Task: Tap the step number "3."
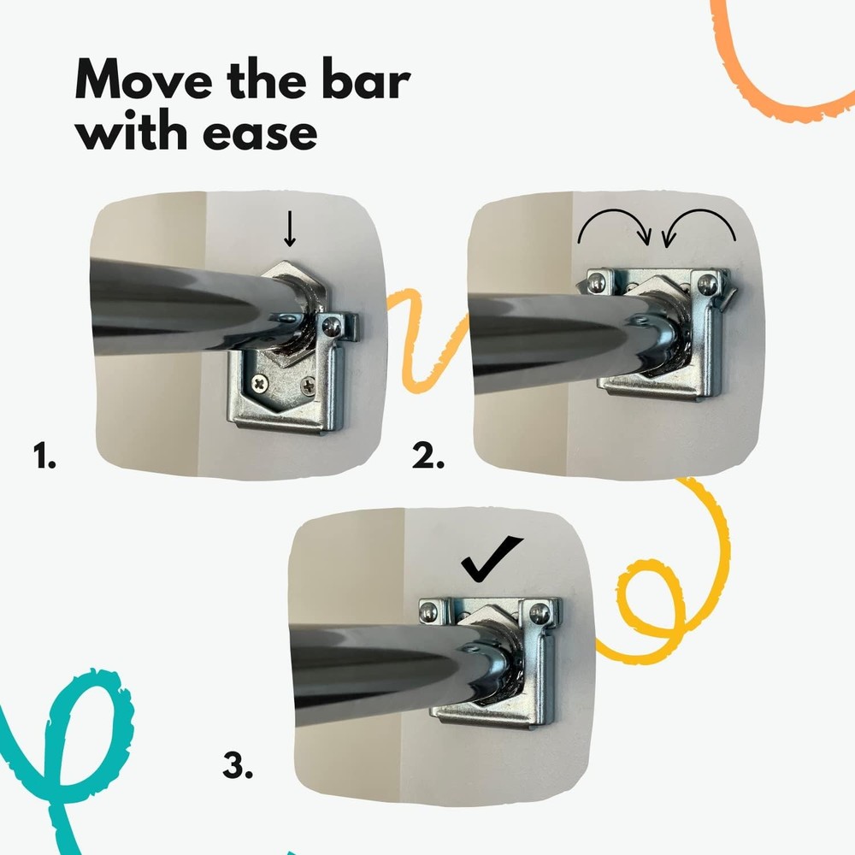[x=239, y=764]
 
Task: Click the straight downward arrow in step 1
[x=292, y=230]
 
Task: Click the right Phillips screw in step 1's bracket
[x=307, y=386]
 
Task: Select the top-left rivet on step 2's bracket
[x=600, y=279]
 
